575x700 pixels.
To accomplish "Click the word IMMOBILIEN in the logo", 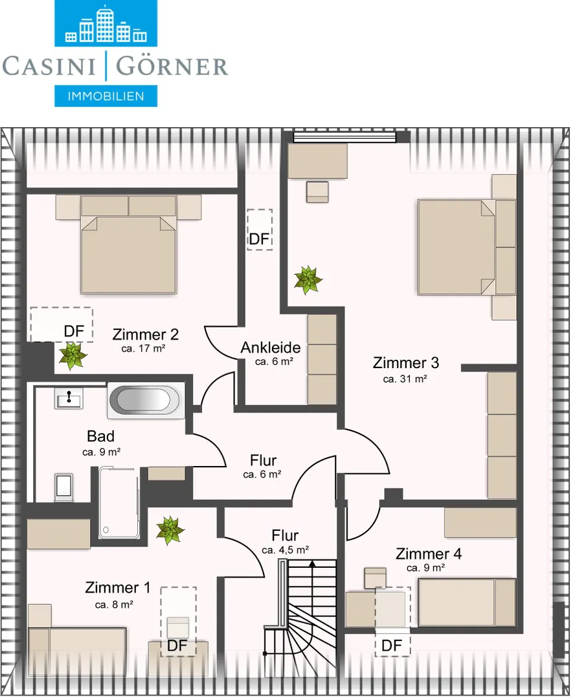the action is [x=106, y=96].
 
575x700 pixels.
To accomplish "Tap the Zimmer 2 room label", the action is [x=146, y=334].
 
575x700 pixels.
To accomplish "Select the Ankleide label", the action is [x=271, y=347].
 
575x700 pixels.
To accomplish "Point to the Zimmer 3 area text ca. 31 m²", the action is [x=405, y=379].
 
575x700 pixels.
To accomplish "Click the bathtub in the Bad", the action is [x=146, y=400].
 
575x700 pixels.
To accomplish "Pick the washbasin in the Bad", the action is [x=69, y=398].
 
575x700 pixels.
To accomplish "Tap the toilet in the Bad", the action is [x=63, y=486].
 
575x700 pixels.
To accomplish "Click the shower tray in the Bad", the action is [x=118, y=502].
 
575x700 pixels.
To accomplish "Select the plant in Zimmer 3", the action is [x=308, y=280].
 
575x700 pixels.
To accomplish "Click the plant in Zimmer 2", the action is [x=73, y=356].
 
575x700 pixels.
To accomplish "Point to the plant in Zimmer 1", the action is [x=170, y=530].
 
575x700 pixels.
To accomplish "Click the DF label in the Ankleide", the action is [x=259, y=239].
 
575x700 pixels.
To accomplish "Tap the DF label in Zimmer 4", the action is [x=392, y=646].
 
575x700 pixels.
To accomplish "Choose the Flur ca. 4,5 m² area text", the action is [x=285, y=550].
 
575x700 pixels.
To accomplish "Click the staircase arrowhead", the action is [x=312, y=563].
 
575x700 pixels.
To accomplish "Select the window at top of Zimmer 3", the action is [x=344, y=137].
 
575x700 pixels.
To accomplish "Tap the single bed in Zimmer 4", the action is [x=467, y=602].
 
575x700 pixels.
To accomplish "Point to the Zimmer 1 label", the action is [x=117, y=587].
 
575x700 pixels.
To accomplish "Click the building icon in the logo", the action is [x=106, y=24].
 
